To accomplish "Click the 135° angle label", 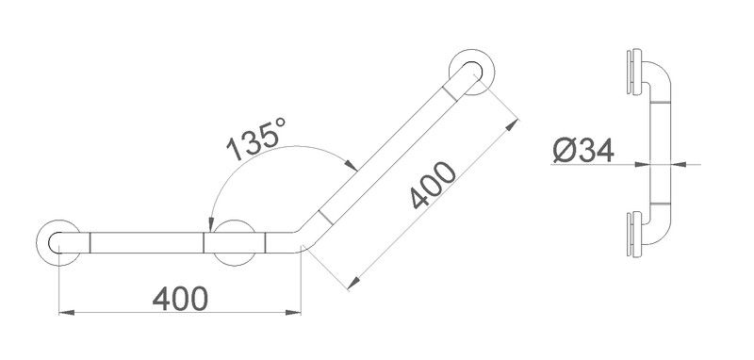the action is pos(256,139).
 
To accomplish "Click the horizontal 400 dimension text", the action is pos(180,299).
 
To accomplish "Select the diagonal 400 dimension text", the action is pos(434,185).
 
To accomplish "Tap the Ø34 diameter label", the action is pos(582,151).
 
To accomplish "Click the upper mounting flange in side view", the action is pos(634,72).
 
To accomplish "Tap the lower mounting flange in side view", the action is pos(634,234).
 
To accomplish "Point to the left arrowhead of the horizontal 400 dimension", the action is pos(66,313).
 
